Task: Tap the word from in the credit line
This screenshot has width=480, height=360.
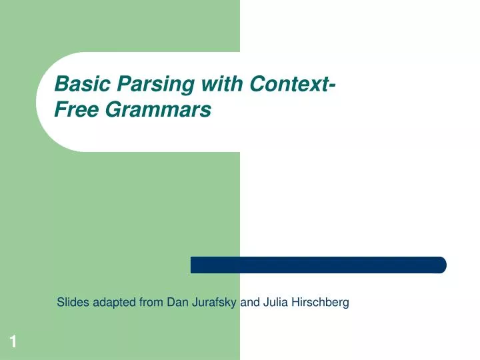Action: point(151,303)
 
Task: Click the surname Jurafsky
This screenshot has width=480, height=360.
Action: point(214,303)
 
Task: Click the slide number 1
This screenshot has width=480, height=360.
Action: point(13,342)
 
